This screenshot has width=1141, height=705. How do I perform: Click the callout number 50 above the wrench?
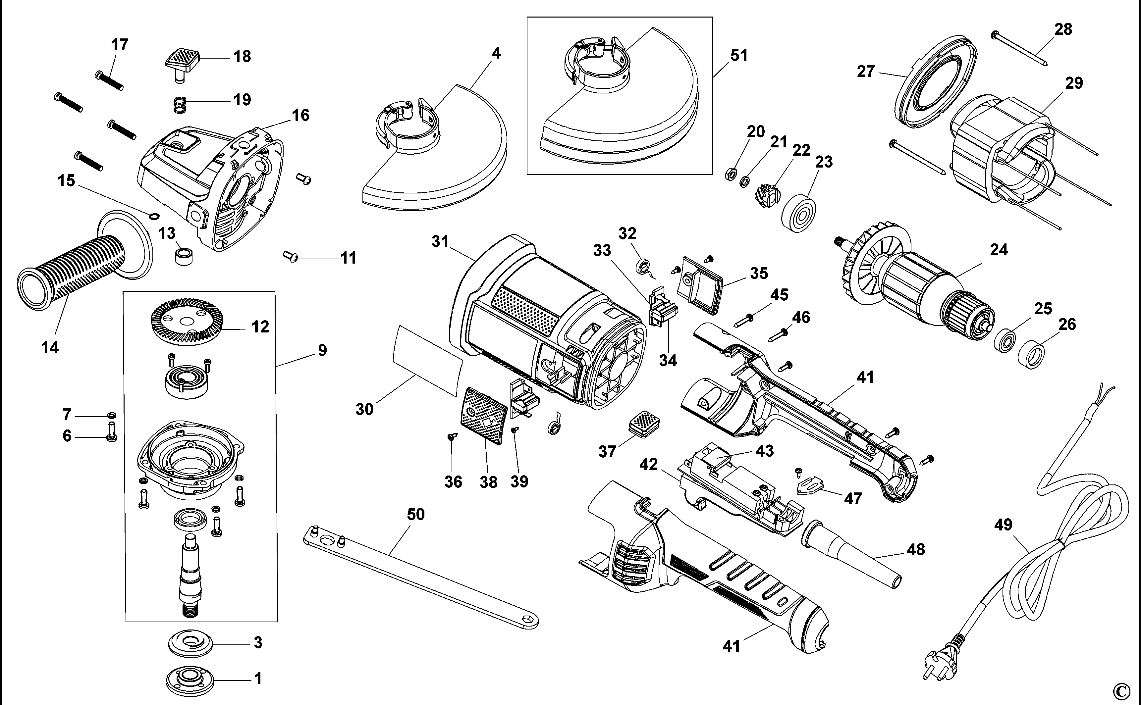pos(416,514)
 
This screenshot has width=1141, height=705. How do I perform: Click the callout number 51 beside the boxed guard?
pos(739,56)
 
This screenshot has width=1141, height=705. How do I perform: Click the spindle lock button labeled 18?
pos(182,63)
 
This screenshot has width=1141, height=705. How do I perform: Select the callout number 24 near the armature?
pos(999,250)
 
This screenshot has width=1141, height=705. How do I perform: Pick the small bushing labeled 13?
pos(185,256)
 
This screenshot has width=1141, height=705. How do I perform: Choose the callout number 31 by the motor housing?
pos(440,241)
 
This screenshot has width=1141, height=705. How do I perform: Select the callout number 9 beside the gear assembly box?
pos(322,350)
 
